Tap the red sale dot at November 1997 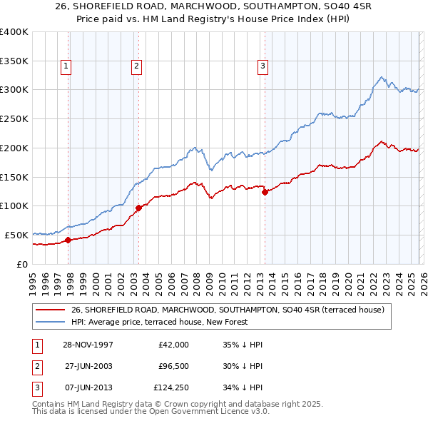[x=68, y=240]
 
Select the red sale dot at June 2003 [x=138, y=208]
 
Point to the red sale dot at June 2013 [x=265, y=191]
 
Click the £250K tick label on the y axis [x=14, y=118]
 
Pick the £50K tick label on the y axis [x=17, y=235]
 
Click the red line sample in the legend [x=50, y=310]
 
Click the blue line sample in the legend [x=50, y=322]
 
